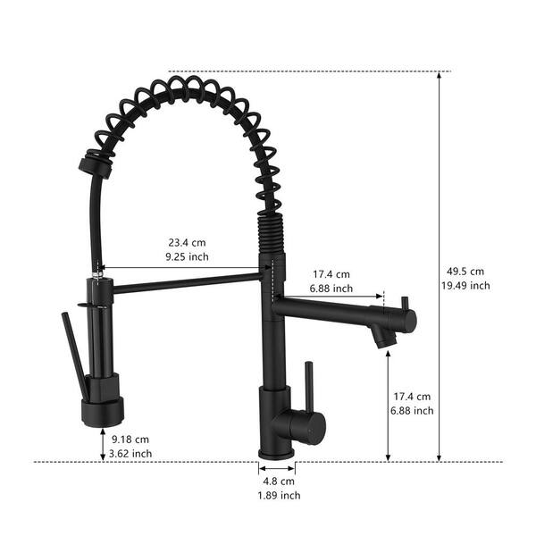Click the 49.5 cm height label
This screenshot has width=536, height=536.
(x=465, y=272)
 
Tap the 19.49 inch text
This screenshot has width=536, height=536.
(x=465, y=286)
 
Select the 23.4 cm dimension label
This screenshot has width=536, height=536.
(x=187, y=243)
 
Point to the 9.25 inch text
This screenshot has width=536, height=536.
(x=187, y=256)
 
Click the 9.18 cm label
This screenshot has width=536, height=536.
(x=130, y=440)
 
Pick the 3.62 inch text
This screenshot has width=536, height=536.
(x=130, y=454)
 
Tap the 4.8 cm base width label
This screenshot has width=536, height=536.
(x=279, y=482)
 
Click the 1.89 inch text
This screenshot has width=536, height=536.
(x=279, y=495)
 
